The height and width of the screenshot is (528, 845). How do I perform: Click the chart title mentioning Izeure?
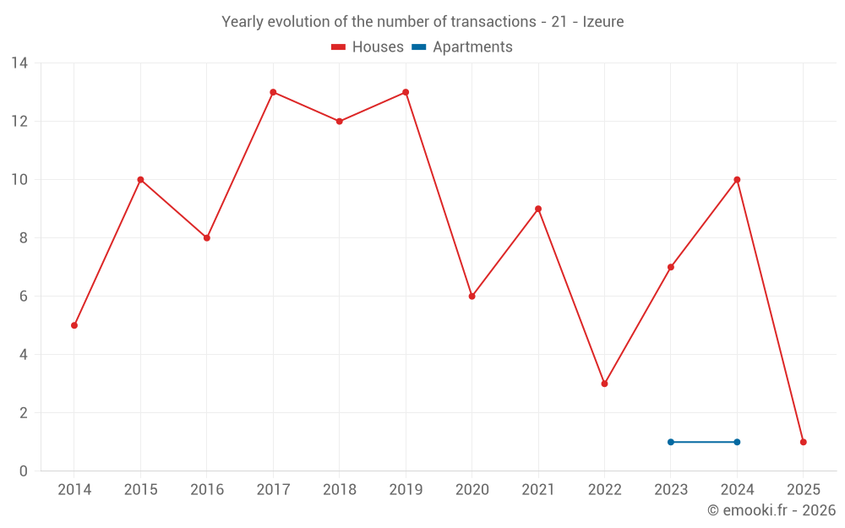pyautogui.click(x=422, y=22)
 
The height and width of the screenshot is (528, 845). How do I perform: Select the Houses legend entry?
pyautogui.click(x=368, y=47)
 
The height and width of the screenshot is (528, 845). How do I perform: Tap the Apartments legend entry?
pyautogui.click(x=462, y=47)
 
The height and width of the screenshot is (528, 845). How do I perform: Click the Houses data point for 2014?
pyautogui.click(x=74, y=325)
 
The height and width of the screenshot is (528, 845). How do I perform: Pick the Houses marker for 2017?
pyautogui.click(x=273, y=92)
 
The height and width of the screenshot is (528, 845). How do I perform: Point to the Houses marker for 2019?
pyautogui.click(x=406, y=92)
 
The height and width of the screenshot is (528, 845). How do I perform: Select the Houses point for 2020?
pyautogui.click(x=472, y=297)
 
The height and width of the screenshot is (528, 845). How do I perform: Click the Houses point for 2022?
pyautogui.click(x=604, y=384)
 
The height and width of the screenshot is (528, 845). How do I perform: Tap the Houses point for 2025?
pyautogui.click(x=803, y=442)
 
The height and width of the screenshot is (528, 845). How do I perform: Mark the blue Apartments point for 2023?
pyautogui.click(x=670, y=442)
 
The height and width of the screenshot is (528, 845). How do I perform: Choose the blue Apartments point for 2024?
pyautogui.click(x=737, y=442)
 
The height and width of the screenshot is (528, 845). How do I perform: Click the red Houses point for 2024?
pyautogui.click(x=737, y=180)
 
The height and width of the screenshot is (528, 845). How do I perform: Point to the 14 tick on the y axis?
pyautogui.click(x=19, y=63)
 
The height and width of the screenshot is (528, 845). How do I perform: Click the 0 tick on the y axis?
pyautogui.click(x=23, y=471)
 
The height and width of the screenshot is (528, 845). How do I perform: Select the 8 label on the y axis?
pyautogui.click(x=23, y=238)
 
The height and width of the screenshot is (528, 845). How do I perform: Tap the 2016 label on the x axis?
pyautogui.click(x=207, y=490)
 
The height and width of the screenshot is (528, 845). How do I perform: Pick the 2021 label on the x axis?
pyautogui.click(x=538, y=490)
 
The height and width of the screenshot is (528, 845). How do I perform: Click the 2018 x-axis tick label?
pyautogui.click(x=339, y=490)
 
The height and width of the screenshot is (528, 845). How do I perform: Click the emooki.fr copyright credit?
pyautogui.click(x=771, y=510)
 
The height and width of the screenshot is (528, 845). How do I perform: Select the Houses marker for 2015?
pyautogui.click(x=140, y=180)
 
